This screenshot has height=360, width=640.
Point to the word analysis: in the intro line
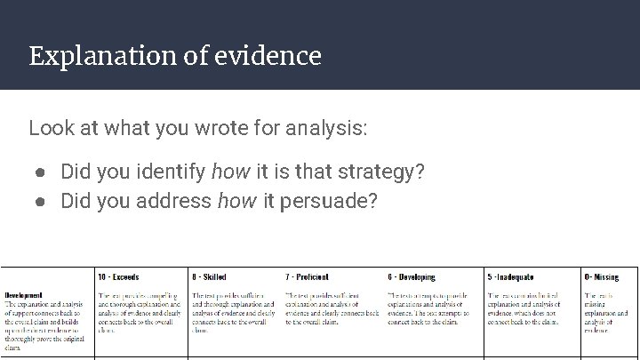pos(327,128)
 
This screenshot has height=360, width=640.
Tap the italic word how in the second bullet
pos(236,202)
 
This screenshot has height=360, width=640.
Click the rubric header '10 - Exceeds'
pos(118,277)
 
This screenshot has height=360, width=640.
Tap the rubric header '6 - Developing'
pos(412,277)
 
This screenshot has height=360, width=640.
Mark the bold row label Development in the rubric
pos(24,295)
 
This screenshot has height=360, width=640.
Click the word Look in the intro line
pos(48,128)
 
